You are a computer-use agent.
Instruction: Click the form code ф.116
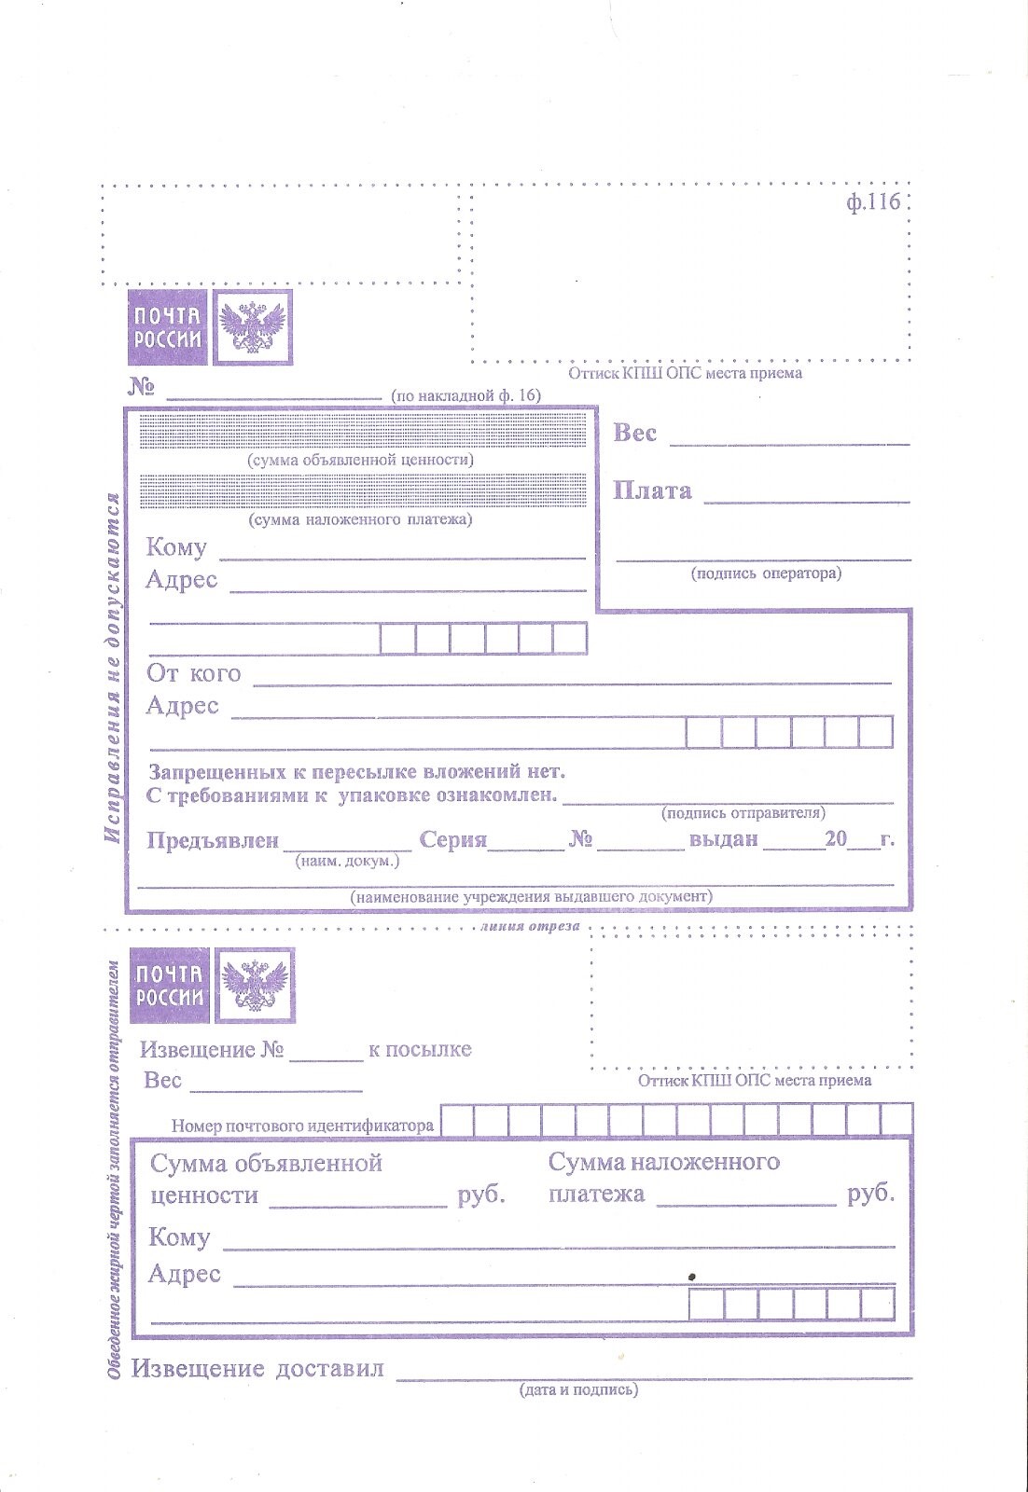point(873,202)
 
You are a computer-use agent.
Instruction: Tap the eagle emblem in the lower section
point(254,986)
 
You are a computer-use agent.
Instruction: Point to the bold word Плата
point(652,491)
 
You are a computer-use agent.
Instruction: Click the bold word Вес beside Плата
point(634,433)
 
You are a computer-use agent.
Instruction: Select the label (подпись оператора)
point(765,573)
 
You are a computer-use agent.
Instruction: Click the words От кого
point(193,673)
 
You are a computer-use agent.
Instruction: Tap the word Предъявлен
point(213,840)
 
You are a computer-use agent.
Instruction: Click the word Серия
point(452,840)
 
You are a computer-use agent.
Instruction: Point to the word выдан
point(723,839)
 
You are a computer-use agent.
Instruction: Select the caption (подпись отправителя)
point(743,813)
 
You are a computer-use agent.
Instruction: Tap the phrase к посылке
point(420,1049)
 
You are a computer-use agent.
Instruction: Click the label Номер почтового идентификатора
point(302,1126)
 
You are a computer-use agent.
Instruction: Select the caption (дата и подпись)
point(578,1389)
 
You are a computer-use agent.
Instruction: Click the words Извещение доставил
point(257,1369)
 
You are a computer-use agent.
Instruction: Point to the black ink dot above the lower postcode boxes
point(691,1275)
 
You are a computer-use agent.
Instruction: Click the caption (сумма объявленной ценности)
point(360,460)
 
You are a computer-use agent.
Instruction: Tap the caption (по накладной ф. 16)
point(465,395)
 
